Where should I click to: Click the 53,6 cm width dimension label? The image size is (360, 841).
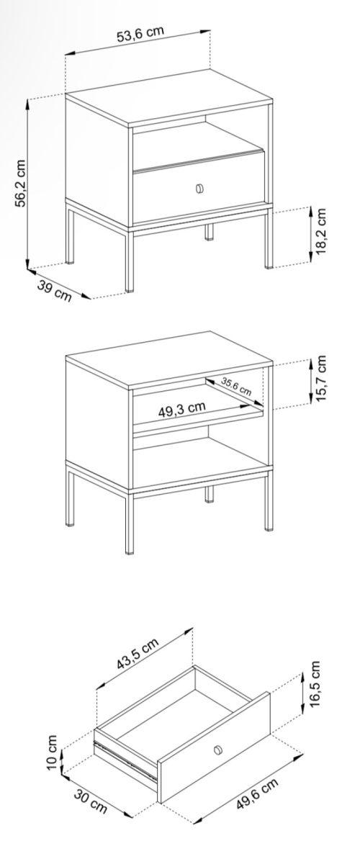(140, 35)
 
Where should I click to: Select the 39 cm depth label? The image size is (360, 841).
(54, 290)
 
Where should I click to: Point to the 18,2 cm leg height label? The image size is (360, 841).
(321, 232)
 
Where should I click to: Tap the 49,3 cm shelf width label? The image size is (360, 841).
(182, 409)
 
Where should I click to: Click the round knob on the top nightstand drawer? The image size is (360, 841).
(199, 188)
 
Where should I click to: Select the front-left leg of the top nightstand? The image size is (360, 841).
(130, 261)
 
